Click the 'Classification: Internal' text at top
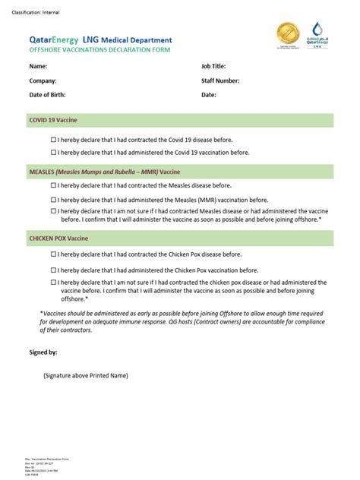point(36,13)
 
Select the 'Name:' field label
point(38,66)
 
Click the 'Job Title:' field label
point(213,66)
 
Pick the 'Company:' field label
point(43,81)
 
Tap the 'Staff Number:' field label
point(220,81)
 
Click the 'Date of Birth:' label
point(47,95)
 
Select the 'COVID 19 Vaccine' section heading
point(53,120)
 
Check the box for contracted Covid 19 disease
point(53,141)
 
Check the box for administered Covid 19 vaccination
point(53,152)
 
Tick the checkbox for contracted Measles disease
point(53,185)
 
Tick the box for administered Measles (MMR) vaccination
point(53,200)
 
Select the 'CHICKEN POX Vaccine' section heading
point(59,238)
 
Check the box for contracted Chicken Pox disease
point(53,254)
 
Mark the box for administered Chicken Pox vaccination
point(53,270)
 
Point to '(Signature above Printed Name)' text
point(86,375)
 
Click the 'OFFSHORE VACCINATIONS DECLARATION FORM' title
point(99,50)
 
